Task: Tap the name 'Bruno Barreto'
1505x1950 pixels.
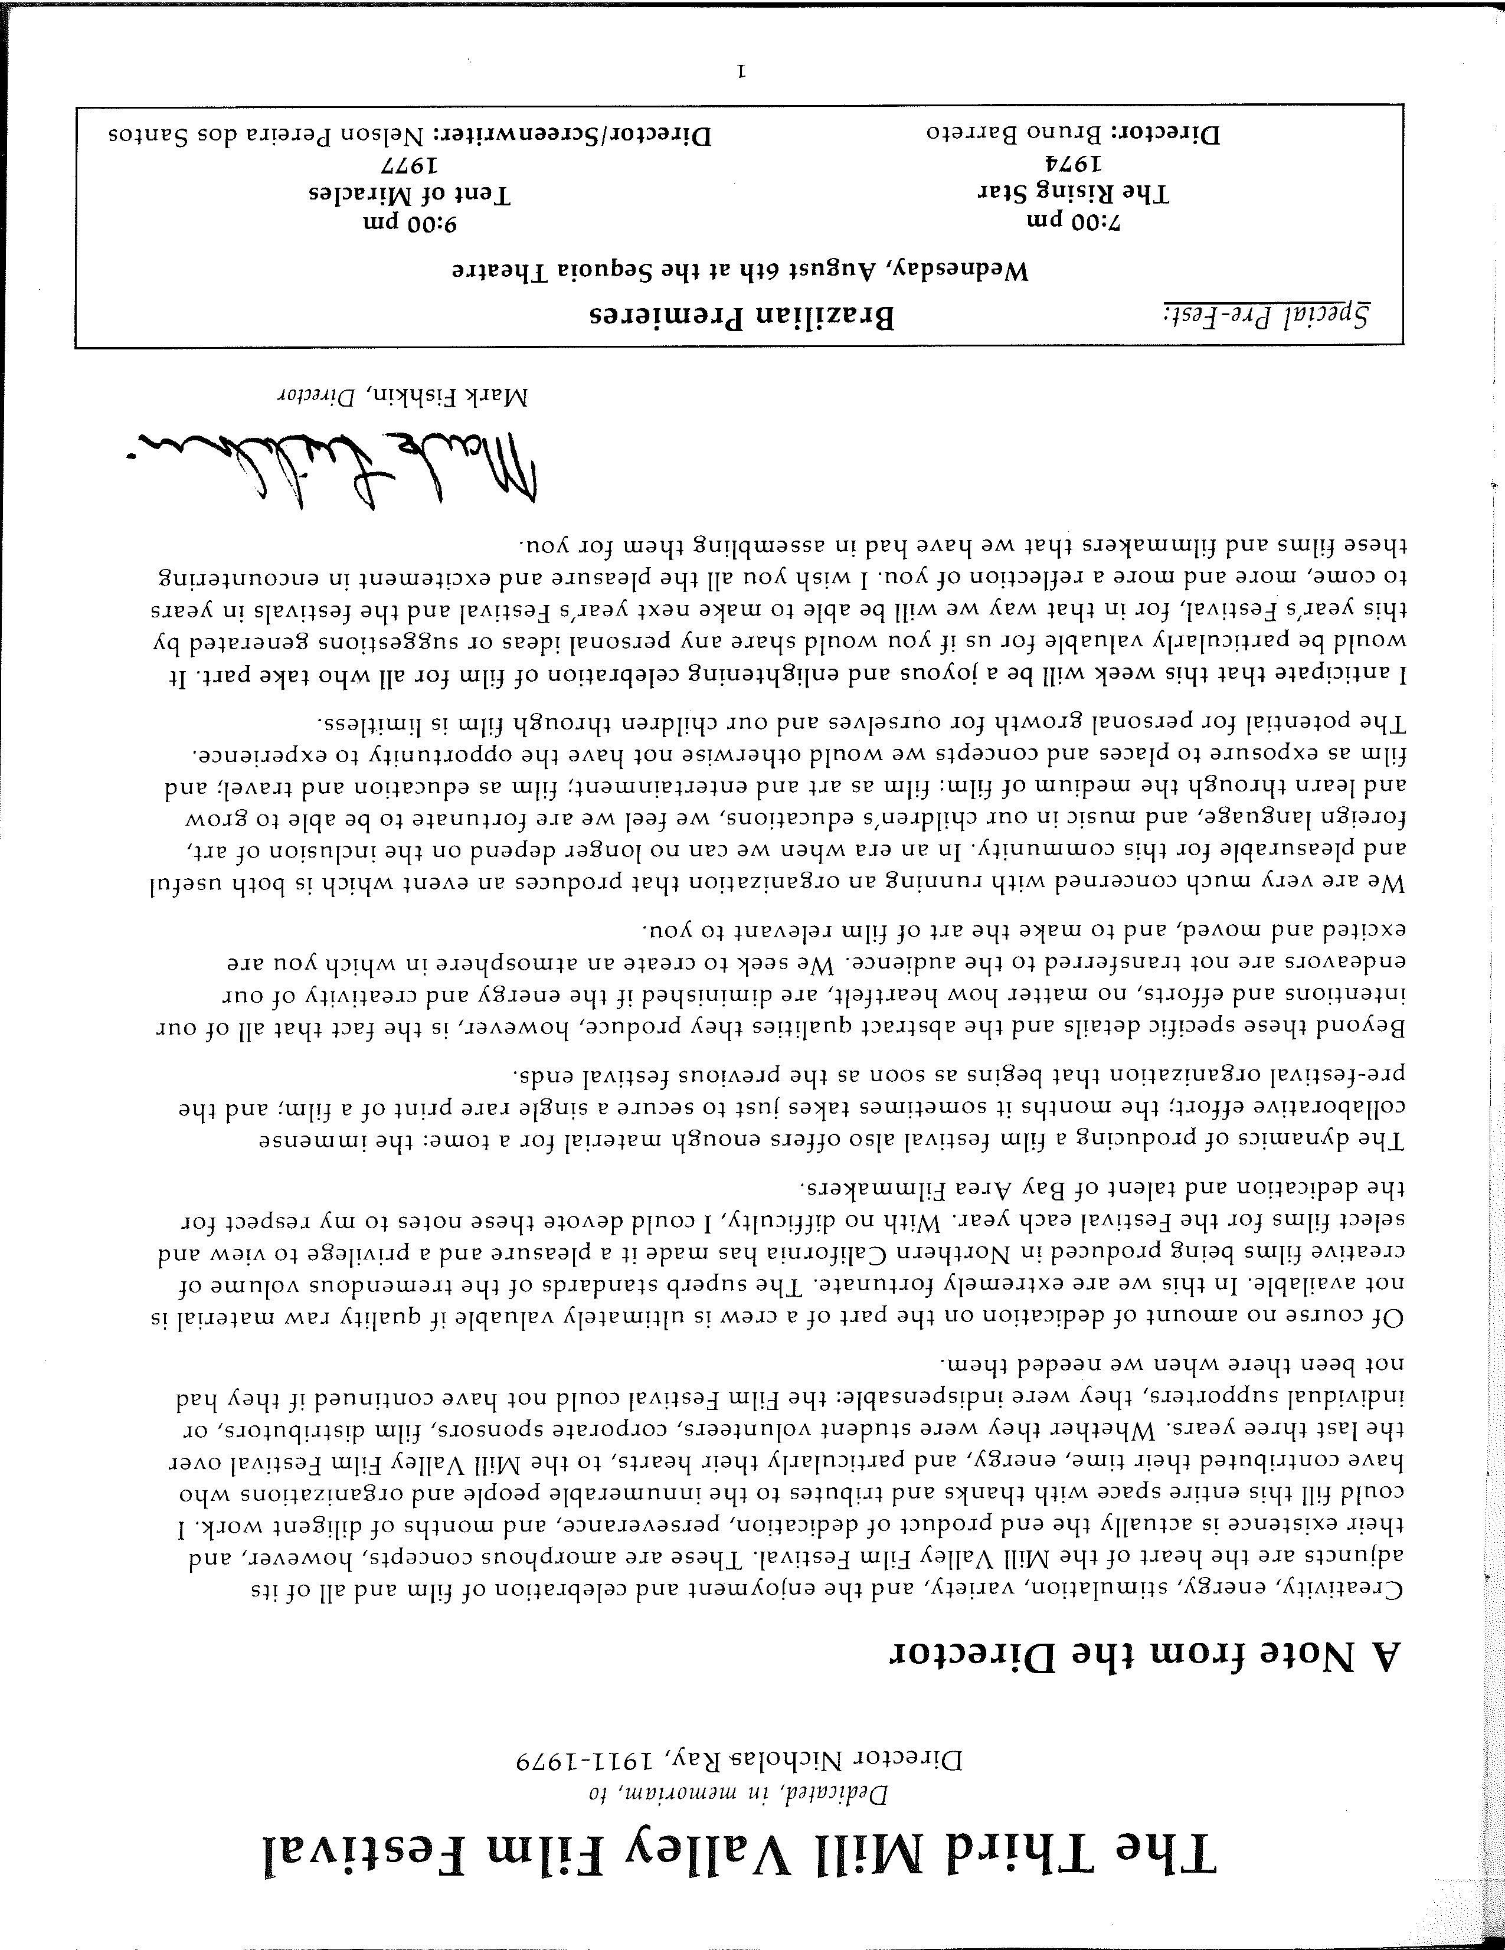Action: (x=1017, y=135)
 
